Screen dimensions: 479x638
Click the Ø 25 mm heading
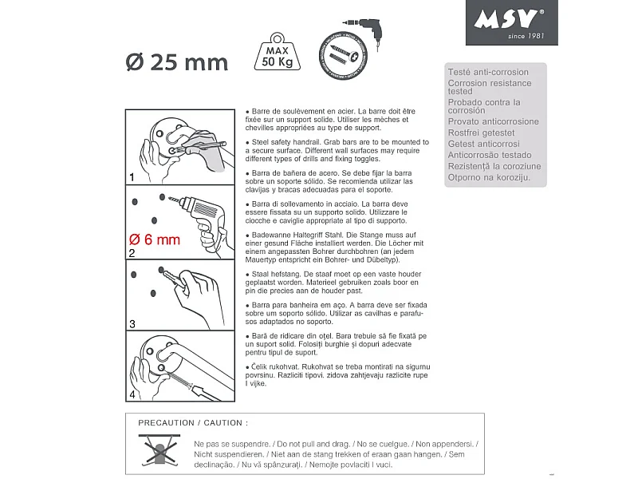[177, 61]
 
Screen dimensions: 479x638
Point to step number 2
[132, 253]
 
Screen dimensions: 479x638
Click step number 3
[132, 325]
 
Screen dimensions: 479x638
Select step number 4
[132, 395]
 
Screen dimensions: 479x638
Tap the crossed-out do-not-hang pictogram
[159, 449]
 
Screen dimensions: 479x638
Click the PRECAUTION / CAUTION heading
[193, 422]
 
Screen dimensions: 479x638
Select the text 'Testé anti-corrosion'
[488, 73]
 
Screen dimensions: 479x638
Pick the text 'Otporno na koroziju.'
[489, 177]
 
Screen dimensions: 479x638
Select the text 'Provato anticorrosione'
[493, 122]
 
